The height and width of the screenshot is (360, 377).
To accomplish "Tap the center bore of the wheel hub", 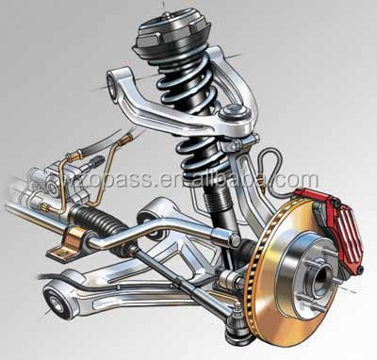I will click(x=316, y=277).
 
